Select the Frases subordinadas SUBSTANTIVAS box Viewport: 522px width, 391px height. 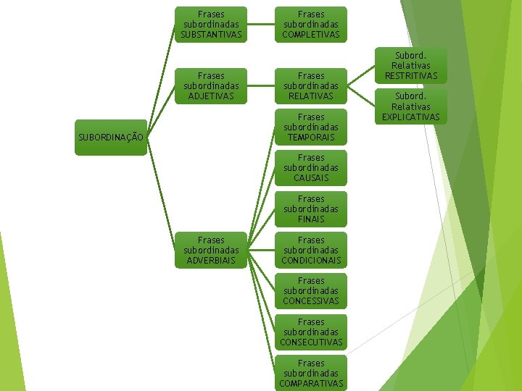(x=211, y=24)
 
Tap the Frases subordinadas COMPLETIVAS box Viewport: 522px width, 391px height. (x=311, y=24)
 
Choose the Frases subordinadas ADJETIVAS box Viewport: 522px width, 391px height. (x=211, y=85)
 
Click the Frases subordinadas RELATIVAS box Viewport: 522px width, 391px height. (x=311, y=85)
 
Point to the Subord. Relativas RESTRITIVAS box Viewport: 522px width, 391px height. (x=411, y=65)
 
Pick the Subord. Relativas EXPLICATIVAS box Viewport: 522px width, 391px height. (x=411, y=106)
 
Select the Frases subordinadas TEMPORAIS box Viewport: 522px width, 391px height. (x=311, y=127)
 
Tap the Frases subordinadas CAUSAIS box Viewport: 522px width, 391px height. (x=311, y=167)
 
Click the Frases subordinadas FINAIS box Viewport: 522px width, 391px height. (x=311, y=209)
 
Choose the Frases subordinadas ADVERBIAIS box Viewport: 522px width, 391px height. (x=211, y=250)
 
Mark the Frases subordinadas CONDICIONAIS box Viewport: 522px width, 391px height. (x=311, y=250)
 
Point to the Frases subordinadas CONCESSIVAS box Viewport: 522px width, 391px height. (x=311, y=290)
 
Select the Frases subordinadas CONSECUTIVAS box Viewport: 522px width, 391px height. (x=311, y=332)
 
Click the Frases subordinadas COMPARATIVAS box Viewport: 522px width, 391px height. (x=311, y=373)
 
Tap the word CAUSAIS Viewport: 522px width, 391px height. (x=311, y=177)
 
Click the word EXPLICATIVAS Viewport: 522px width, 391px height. (x=411, y=117)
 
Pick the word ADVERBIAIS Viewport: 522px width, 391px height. (x=211, y=260)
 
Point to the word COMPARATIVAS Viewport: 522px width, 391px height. (x=311, y=383)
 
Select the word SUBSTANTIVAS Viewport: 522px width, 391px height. (x=211, y=34)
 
